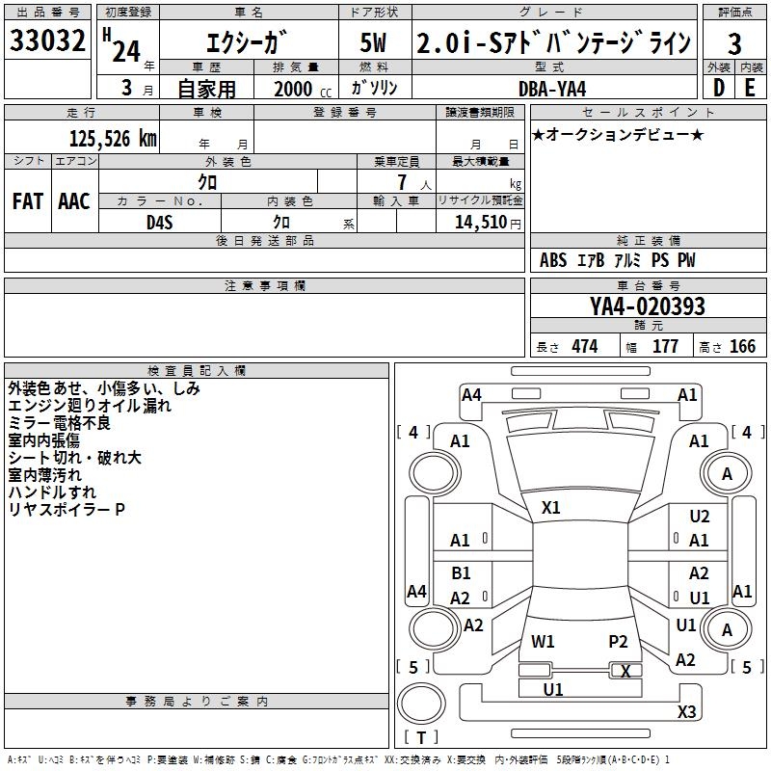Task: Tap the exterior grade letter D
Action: (718, 87)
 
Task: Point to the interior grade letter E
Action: (750, 87)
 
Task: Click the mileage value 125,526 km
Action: (113, 139)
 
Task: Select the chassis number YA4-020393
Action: (648, 307)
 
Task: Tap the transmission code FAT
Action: (27, 201)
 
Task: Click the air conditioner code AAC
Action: (73, 201)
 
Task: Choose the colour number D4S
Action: (160, 223)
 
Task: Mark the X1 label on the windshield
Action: (551, 507)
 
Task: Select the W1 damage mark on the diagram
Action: (544, 641)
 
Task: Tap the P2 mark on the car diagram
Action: (618, 641)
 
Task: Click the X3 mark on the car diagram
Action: (686, 712)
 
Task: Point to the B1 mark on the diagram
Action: (461, 573)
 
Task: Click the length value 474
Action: (584, 347)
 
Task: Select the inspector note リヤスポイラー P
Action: (66, 509)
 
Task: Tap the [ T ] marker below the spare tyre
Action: (421, 737)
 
